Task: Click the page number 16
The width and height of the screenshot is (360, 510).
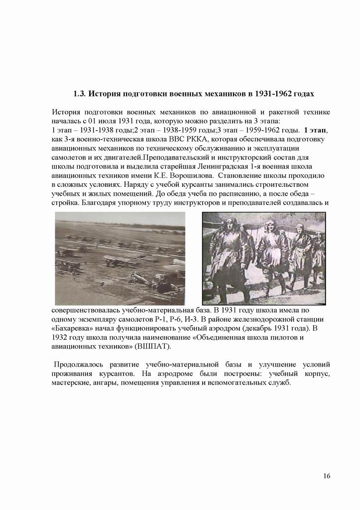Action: [326, 476]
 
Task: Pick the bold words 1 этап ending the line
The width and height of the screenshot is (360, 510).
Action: [315, 130]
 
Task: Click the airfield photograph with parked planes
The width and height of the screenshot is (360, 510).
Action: [120, 258]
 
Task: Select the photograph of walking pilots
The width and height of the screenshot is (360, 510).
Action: [263, 258]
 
